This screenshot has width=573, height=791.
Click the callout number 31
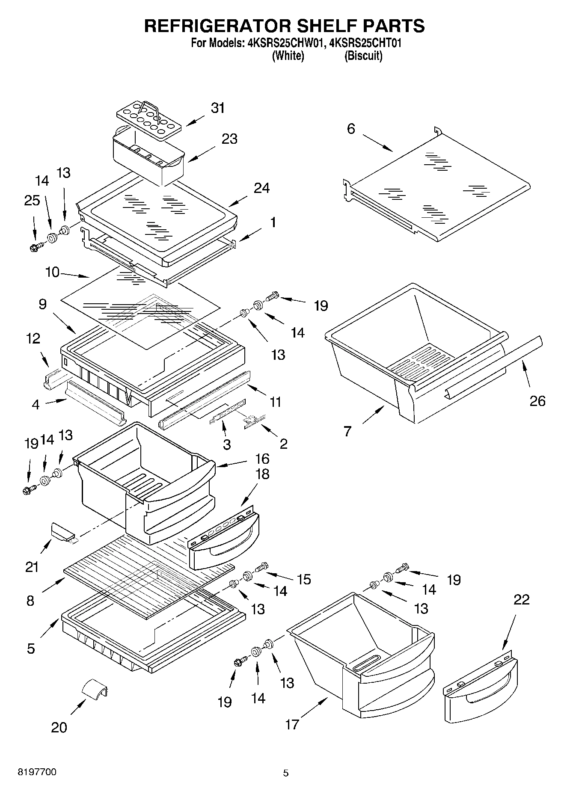tap(218, 108)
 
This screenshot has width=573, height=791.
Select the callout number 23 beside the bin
tap(229, 139)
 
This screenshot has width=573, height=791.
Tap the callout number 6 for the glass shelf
tap(351, 129)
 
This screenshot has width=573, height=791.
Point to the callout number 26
tap(537, 401)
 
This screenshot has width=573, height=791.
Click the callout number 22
tap(521, 599)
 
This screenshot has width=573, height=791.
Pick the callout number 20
tap(59, 727)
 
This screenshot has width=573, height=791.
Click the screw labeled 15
tap(261, 567)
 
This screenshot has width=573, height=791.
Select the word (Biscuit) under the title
tap(363, 56)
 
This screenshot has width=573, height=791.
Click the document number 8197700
tap(37, 772)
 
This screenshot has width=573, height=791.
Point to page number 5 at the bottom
tap(286, 773)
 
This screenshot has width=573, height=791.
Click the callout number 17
tap(292, 724)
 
